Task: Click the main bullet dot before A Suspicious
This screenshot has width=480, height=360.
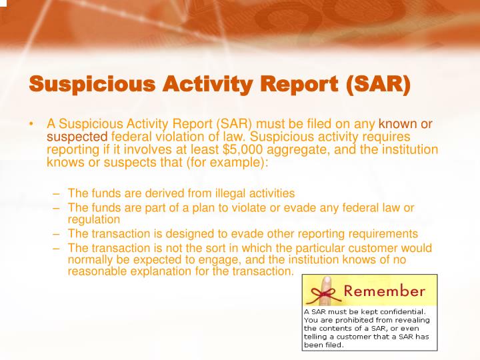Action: click(31, 124)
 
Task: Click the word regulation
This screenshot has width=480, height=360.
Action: click(94, 219)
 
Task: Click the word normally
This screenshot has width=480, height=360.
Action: click(90, 260)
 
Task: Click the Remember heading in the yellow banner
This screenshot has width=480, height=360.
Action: click(383, 291)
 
